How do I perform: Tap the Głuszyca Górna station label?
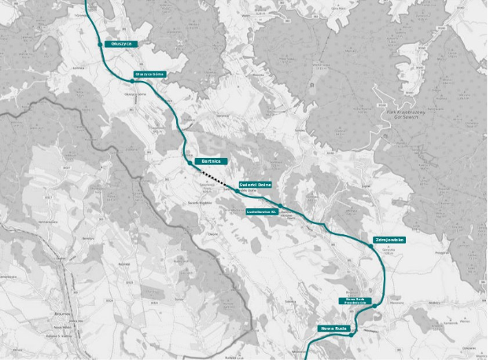(x=149, y=75)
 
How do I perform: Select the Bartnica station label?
(x=210, y=161)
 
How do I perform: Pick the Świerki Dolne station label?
(x=255, y=184)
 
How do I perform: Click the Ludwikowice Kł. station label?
(x=262, y=211)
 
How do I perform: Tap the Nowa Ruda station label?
(x=335, y=328)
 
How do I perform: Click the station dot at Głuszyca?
(x=101, y=45)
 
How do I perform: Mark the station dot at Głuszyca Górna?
(x=132, y=80)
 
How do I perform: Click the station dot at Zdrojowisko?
(x=370, y=246)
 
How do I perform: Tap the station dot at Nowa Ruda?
(x=352, y=333)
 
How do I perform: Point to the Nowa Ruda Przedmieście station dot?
(x=376, y=305)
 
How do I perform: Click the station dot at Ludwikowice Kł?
(x=281, y=206)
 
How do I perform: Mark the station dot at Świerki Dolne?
(x=237, y=190)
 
